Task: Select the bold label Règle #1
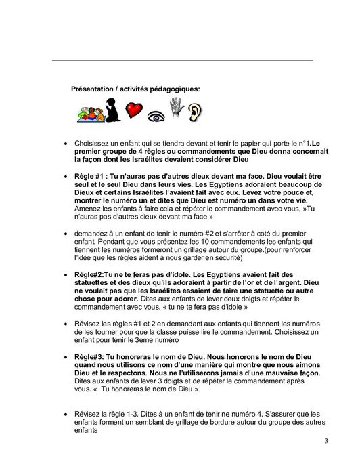[91, 173]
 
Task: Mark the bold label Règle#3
[90, 355]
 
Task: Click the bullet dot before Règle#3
[65, 356]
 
